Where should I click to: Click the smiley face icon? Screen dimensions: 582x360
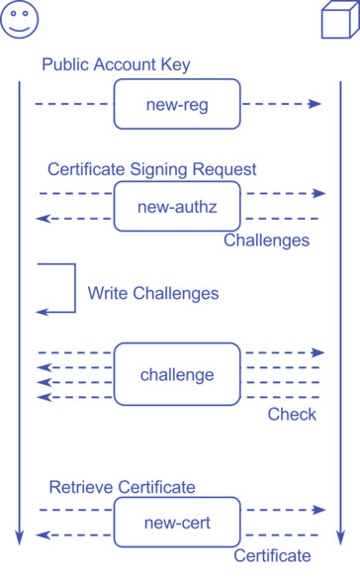pos(19,20)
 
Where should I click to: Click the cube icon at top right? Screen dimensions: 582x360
pos(339,21)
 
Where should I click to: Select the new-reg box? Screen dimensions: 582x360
pos(177,104)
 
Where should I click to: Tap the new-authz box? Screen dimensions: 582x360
pos(177,206)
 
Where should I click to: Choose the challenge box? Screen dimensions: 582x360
pos(177,374)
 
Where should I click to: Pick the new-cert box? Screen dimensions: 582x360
pos(177,523)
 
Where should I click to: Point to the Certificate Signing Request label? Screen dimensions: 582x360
pos(151,169)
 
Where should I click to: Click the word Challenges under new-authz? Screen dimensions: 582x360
pos(266,241)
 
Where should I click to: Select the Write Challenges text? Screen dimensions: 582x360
pos(153,294)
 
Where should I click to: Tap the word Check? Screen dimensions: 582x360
pos(292,414)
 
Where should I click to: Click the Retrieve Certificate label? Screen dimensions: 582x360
pos(122,487)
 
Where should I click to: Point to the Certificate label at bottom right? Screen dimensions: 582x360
pos(272,555)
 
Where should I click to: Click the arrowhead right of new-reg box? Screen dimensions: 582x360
pos(316,104)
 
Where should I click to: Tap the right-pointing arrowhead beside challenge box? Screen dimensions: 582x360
pos(318,352)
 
